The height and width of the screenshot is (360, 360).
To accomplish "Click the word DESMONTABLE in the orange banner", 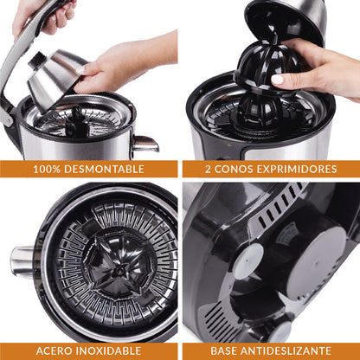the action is pyautogui.click(x=104, y=169).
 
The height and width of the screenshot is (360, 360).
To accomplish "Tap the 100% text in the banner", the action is pyautogui.click(x=47, y=169).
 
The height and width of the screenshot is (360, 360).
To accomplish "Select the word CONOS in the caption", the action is pyautogui.click(x=234, y=169).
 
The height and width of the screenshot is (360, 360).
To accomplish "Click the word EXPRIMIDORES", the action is pyautogui.click(x=297, y=169).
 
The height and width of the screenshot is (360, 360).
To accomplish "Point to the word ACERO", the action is pyautogui.click(x=55, y=350).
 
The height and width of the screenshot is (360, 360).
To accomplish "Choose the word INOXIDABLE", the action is pyautogui.click(x=108, y=350).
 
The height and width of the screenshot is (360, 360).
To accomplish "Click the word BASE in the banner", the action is pyautogui.click(x=224, y=350).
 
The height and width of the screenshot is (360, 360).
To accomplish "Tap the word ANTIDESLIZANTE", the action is pyautogui.click(x=286, y=350).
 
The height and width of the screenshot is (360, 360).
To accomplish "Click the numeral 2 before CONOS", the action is pyautogui.click(x=208, y=169).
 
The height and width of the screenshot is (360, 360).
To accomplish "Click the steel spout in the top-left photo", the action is pyautogui.click(x=145, y=144).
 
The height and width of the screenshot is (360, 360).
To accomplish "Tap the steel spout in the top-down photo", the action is pyautogui.click(x=22, y=262).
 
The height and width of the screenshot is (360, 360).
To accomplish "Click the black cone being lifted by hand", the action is pyautogui.click(x=267, y=67).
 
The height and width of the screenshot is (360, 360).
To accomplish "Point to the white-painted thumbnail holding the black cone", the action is pyautogui.click(x=278, y=80).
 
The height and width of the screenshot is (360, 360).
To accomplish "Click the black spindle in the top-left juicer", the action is pyautogui.click(x=76, y=121).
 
